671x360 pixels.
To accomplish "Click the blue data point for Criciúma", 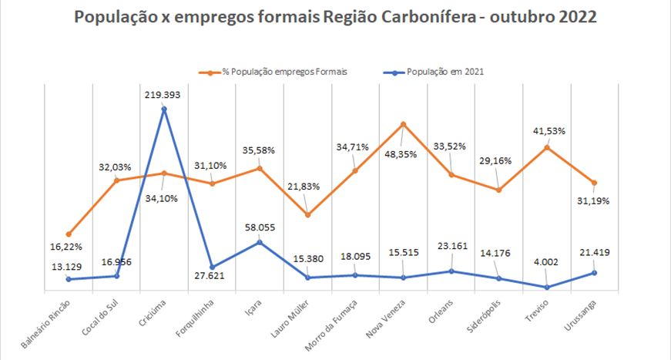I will tap(164, 109).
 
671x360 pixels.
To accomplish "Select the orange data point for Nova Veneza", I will tap(403, 124).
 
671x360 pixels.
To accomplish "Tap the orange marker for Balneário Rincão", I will tap(69, 234).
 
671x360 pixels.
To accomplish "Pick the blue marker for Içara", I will tap(260, 242).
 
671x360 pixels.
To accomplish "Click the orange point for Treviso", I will tap(547, 146).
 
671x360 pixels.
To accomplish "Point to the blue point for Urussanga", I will tap(594, 272).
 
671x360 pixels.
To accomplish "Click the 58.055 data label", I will tap(259, 227).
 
